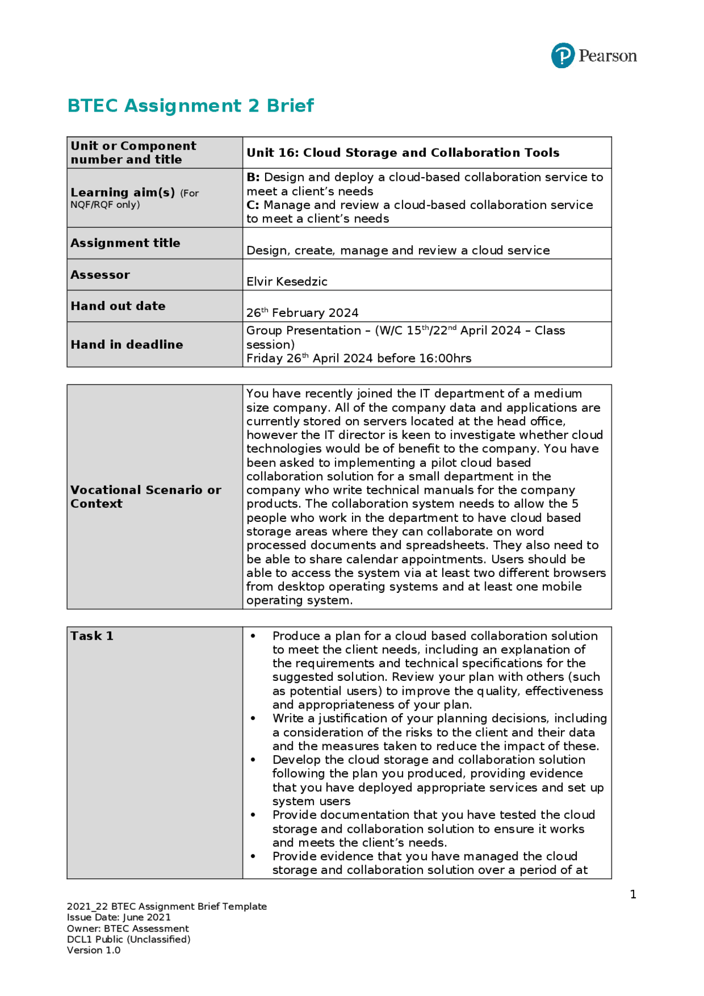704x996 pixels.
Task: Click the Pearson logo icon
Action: click(x=563, y=56)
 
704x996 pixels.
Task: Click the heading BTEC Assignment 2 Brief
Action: click(x=190, y=106)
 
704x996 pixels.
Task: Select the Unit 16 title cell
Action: click(x=403, y=153)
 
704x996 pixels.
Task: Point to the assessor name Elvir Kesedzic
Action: click(x=287, y=282)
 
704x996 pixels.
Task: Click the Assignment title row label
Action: click(x=125, y=243)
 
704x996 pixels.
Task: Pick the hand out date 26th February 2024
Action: click(x=302, y=313)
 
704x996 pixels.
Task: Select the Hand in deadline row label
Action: click(x=127, y=345)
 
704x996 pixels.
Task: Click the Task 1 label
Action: click(x=92, y=636)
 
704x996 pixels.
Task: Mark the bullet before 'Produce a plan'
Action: click(x=253, y=636)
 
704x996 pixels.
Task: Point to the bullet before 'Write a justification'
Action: click(x=253, y=719)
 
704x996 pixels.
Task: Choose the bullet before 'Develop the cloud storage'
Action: click(x=253, y=760)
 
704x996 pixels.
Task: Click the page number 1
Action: click(x=633, y=895)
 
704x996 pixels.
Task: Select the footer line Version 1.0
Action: click(x=94, y=950)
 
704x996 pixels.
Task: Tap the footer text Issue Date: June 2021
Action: click(x=119, y=917)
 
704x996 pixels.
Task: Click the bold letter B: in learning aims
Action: click(x=253, y=178)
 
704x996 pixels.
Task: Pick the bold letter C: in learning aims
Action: click(x=253, y=205)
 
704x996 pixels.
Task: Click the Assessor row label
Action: click(x=100, y=275)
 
